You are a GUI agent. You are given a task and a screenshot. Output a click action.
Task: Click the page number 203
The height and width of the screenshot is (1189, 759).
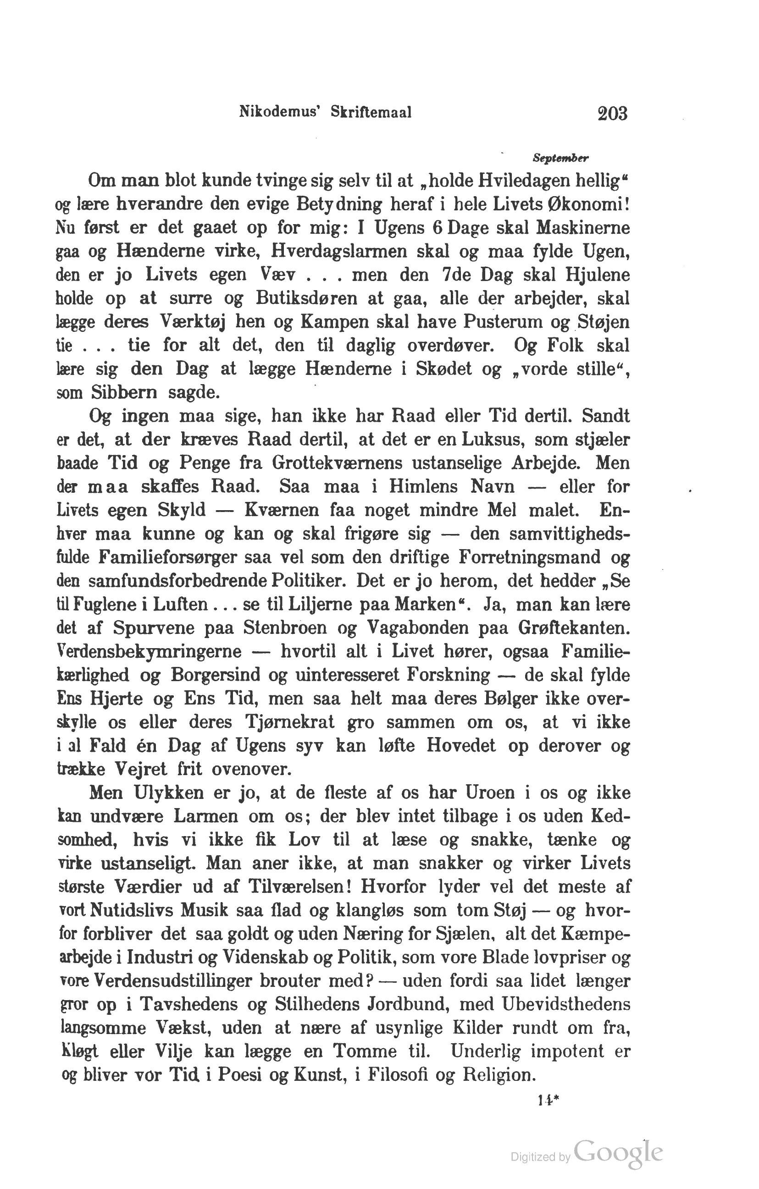coord(612,114)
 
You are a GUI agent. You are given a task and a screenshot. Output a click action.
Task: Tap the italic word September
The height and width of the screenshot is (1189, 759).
coord(561,159)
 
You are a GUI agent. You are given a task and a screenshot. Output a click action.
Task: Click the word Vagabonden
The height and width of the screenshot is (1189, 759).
coord(412,628)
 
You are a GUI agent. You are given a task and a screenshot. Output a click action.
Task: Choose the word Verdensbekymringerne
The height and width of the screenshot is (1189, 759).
coord(150,652)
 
